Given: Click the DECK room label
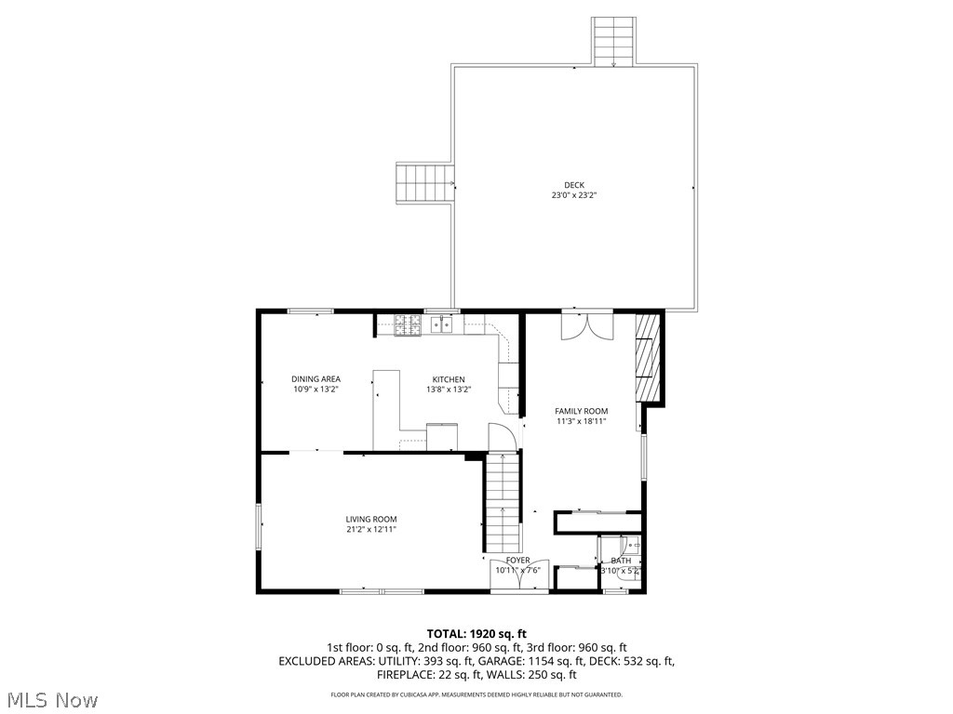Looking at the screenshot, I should pos(574,185).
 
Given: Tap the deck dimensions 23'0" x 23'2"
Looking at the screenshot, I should pos(574,195).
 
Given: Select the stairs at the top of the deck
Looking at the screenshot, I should pos(614,41).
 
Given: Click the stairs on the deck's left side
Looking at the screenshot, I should pos(424,183).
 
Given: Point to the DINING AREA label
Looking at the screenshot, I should pos(315,379).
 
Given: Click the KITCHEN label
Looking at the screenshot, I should pos(448,379).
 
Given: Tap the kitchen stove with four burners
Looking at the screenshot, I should pos(408,324).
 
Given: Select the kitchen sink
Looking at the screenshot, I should pos(446,324).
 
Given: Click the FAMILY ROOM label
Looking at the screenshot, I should pos(581,411).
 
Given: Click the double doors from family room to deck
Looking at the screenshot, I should pos(587,326).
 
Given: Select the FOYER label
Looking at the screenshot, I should pos(517,561).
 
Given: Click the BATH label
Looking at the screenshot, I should pos(621,561).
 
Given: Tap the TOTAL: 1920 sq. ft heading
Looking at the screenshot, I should pos(476,634).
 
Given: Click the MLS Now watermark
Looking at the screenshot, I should pos(52,699).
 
